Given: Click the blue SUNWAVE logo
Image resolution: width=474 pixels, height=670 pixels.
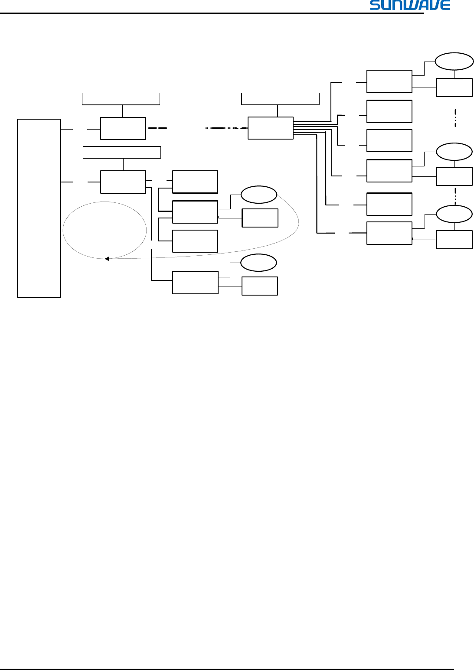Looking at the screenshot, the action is point(410,5).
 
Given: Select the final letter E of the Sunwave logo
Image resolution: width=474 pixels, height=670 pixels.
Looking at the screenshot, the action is point(445,5).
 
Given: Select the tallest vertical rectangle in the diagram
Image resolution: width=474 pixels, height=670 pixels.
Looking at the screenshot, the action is point(39,208).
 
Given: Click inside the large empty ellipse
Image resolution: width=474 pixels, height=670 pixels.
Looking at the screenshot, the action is point(105,230).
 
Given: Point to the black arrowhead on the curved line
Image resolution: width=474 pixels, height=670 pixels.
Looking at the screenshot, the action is point(107,259).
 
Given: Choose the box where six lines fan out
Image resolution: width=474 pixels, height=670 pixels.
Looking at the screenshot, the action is point(270,128).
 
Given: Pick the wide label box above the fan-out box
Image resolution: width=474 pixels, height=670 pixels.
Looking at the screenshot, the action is point(280,99).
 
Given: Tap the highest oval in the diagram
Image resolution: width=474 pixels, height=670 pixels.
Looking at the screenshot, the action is point(454,62).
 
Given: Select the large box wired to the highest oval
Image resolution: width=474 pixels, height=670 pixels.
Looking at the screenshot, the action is point(389,81).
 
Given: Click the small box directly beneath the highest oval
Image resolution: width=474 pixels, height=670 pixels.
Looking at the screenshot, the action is point(454,88).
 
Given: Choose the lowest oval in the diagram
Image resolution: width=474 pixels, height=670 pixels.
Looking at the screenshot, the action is point(258,263).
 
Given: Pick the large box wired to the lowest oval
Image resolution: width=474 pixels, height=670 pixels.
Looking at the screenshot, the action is point(195,283).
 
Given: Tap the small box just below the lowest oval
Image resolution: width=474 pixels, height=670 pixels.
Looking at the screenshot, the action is point(259,286).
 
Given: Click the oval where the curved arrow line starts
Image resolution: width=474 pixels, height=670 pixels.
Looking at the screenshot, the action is point(258,195).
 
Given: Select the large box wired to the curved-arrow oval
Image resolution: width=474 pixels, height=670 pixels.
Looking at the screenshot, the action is point(195,212).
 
